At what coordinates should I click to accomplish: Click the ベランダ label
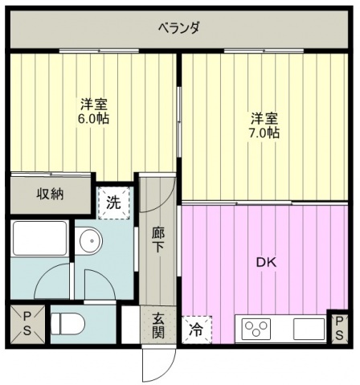click(x=179, y=27)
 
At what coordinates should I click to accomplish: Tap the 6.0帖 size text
click(x=93, y=119)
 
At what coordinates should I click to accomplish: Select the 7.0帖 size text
click(x=264, y=133)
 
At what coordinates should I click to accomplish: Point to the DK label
click(x=266, y=263)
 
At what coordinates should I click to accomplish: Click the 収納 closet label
click(x=50, y=194)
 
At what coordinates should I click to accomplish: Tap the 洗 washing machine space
click(x=114, y=203)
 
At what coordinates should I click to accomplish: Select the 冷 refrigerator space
click(x=197, y=330)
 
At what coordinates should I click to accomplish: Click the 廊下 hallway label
click(x=158, y=240)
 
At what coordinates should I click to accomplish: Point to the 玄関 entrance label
click(x=158, y=326)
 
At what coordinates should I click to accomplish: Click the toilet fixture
click(x=68, y=324)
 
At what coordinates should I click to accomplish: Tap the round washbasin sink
click(x=91, y=240)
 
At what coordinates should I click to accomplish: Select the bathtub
click(x=39, y=239)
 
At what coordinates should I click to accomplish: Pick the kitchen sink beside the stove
click(x=309, y=329)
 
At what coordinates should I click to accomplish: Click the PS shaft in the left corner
click(x=27, y=324)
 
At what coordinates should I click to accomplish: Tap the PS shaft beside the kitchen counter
click(x=339, y=327)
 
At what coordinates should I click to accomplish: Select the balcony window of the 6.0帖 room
click(x=99, y=51)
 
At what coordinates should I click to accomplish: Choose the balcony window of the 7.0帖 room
click(x=264, y=51)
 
